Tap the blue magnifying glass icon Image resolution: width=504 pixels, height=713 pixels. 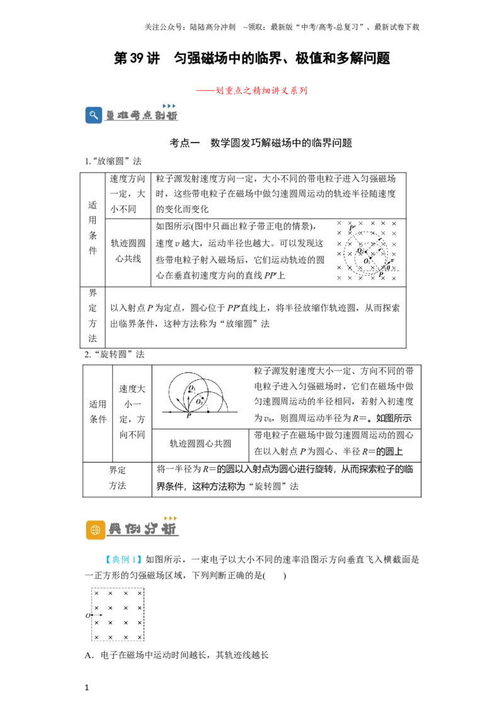pos(94,115)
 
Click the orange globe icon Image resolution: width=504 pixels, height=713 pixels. pos(95,530)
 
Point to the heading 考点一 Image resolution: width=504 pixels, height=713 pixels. pos(185,143)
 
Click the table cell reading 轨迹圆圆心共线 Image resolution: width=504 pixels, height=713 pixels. pos(129,251)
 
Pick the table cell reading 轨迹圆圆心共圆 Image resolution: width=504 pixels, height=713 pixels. pos(200,444)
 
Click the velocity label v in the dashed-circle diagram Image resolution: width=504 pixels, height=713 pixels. pos(392,260)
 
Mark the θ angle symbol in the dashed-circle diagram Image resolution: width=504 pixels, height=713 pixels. pos(388,268)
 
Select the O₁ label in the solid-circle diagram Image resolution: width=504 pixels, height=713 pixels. pos(192,389)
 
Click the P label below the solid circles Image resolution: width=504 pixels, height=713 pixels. pos(189,416)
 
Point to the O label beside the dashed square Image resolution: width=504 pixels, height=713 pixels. pos(88,616)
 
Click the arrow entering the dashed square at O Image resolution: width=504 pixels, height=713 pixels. pos(97,615)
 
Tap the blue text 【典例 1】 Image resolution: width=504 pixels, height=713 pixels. pos(123,560)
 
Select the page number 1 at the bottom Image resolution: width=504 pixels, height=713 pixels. pos(87,688)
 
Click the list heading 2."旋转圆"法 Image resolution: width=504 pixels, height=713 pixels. pos(115,355)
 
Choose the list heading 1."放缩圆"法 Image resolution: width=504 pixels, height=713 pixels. pos(113,161)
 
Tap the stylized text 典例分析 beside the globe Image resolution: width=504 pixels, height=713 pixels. pos(142,529)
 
